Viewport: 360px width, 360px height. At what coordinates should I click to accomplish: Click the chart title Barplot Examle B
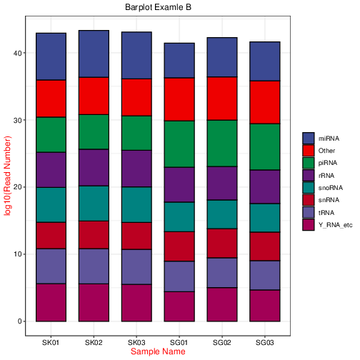(x=158, y=7)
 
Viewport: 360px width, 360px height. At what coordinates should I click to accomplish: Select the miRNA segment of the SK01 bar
(x=51, y=56)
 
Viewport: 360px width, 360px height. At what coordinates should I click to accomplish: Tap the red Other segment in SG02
(x=222, y=99)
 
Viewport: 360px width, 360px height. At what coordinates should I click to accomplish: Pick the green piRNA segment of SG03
(x=265, y=147)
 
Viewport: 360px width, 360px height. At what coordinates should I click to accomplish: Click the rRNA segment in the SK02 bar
(x=94, y=168)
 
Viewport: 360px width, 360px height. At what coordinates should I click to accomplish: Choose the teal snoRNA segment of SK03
(x=136, y=205)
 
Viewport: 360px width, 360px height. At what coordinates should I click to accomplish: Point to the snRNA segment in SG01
(x=179, y=246)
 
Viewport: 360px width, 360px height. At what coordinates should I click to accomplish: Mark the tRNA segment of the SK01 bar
(x=51, y=266)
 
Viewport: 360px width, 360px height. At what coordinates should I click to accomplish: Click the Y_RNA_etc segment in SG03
(x=265, y=306)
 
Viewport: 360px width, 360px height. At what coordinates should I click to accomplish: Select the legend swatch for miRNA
(x=309, y=139)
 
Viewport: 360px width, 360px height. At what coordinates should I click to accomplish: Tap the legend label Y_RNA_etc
(x=335, y=225)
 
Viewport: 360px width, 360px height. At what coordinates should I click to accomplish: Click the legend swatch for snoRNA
(x=309, y=188)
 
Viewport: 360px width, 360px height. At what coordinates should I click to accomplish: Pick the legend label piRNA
(x=328, y=163)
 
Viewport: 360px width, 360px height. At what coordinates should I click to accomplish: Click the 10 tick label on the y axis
(x=18, y=254)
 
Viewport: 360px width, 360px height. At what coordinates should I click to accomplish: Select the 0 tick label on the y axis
(x=20, y=321)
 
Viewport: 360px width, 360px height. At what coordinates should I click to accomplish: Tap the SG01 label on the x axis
(x=179, y=343)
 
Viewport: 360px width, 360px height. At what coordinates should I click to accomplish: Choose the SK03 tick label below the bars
(x=136, y=343)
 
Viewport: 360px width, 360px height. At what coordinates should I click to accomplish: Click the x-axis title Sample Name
(x=158, y=351)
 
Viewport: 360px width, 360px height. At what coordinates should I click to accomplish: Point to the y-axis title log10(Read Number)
(x=7, y=176)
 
